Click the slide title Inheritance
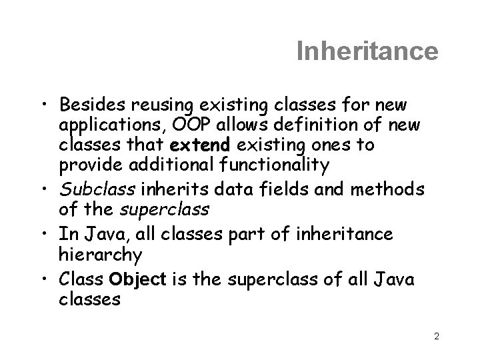tap(367, 51)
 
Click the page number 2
tap(436, 337)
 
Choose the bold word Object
tap(138, 280)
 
